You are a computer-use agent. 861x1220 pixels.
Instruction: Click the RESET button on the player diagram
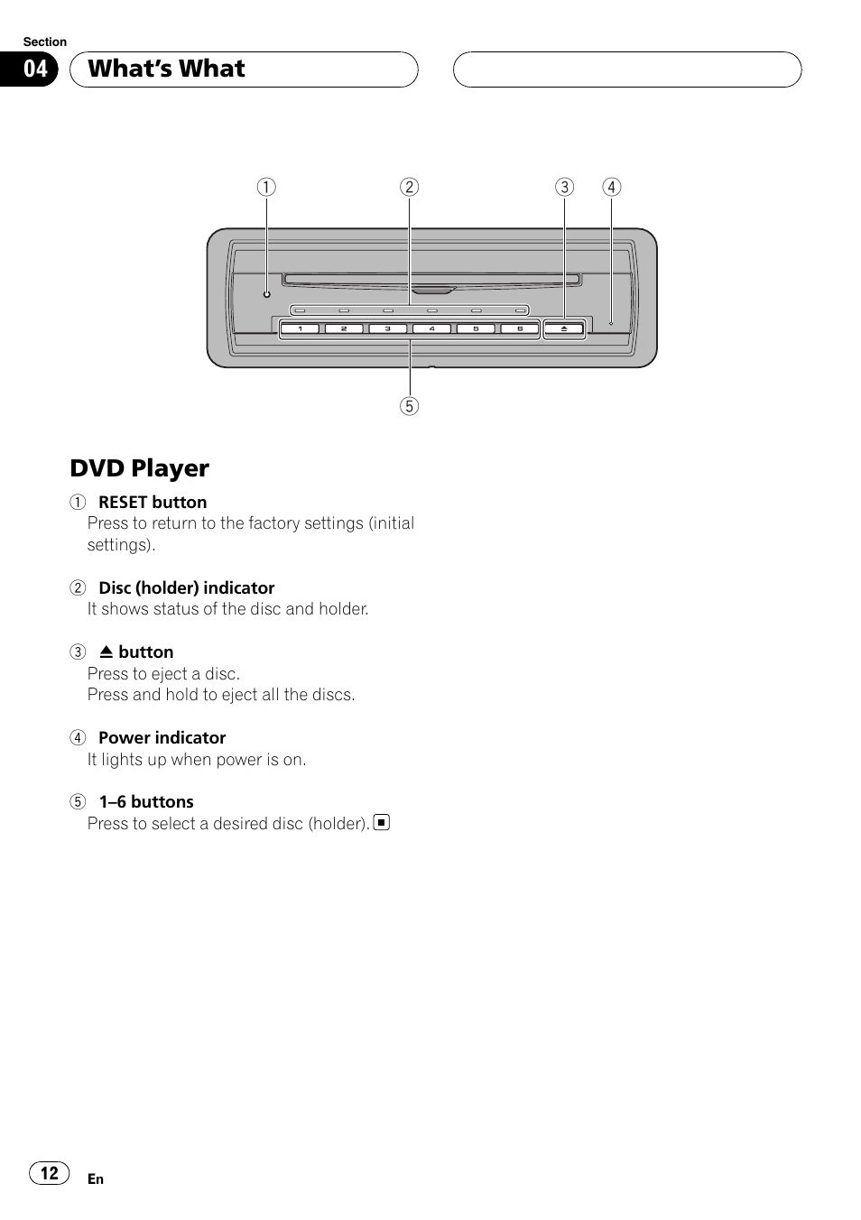(x=266, y=294)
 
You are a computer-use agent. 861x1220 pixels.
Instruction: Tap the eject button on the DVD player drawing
(x=564, y=329)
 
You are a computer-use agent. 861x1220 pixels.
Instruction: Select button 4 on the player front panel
(x=431, y=329)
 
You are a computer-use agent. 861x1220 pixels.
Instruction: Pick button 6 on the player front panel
(x=520, y=329)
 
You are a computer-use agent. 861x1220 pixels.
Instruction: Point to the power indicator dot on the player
(x=611, y=323)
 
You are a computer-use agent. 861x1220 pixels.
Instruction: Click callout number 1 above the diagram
(x=266, y=187)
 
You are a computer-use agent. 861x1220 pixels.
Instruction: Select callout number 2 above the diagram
(x=410, y=187)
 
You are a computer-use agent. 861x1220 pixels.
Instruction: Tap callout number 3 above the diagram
(x=564, y=187)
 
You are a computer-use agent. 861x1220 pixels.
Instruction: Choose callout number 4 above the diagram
(x=612, y=187)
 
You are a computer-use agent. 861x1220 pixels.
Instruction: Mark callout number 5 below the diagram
(x=410, y=406)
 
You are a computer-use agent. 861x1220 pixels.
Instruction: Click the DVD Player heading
(x=140, y=468)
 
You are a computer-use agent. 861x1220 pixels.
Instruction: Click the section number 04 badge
(x=35, y=69)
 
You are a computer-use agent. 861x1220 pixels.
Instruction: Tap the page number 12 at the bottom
(x=50, y=1173)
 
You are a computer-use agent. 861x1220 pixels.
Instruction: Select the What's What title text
(x=167, y=69)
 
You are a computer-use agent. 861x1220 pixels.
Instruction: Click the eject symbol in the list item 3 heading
(x=106, y=652)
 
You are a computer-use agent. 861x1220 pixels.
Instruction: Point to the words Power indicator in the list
(x=162, y=737)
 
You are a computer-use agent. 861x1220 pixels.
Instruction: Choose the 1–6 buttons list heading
(x=146, y=801)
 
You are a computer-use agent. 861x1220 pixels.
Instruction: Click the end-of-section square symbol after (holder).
(x=382, y=822)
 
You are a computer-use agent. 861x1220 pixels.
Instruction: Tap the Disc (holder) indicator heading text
(x=186, y=587)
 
